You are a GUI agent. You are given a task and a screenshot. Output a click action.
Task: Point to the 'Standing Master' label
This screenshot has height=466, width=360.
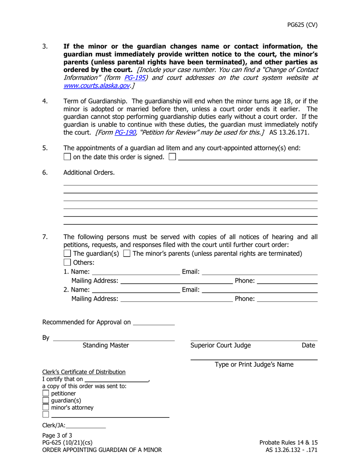pyautogui.click(x=105, y=345)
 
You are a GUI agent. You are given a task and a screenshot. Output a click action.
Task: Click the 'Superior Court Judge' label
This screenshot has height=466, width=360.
pyautogui.click(x=220, y=345)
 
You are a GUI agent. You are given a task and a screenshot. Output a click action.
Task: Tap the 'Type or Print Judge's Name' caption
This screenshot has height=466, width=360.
pyautogui.click(x=254, y=364)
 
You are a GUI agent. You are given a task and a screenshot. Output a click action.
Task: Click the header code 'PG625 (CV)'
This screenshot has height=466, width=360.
pyautogui.click(x=302, y=25)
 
